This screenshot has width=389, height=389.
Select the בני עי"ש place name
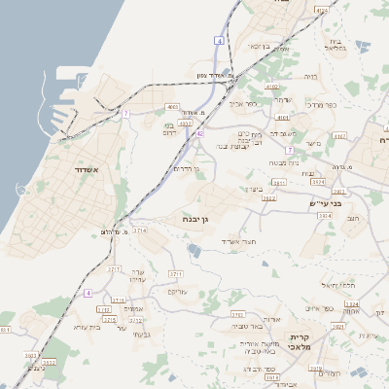click(332, 203)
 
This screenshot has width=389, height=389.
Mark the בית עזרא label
click(88, 327)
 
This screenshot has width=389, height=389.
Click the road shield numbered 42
click(199, 134)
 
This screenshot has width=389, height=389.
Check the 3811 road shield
click(279, 182)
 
